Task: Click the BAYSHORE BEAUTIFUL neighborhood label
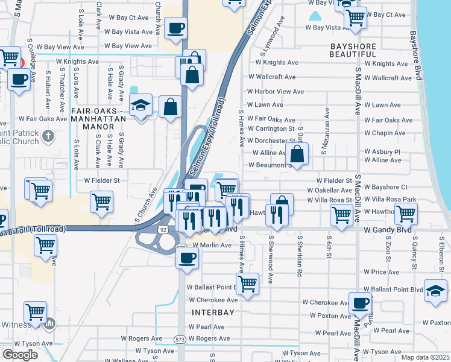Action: click(353, 50)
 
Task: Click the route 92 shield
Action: click(163, 229)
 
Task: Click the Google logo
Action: click(20, 355)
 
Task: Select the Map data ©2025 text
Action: click(425, 357)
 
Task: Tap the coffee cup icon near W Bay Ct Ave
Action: click(175, 28)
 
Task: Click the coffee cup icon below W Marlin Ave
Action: click(187, 259)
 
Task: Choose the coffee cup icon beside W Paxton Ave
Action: click(360, 303)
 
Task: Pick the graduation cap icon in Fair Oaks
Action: click(140, 105)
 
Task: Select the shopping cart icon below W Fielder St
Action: click(101, 202)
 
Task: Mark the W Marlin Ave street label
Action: click(209, 245)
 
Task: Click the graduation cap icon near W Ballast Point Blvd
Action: click(435, 291)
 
